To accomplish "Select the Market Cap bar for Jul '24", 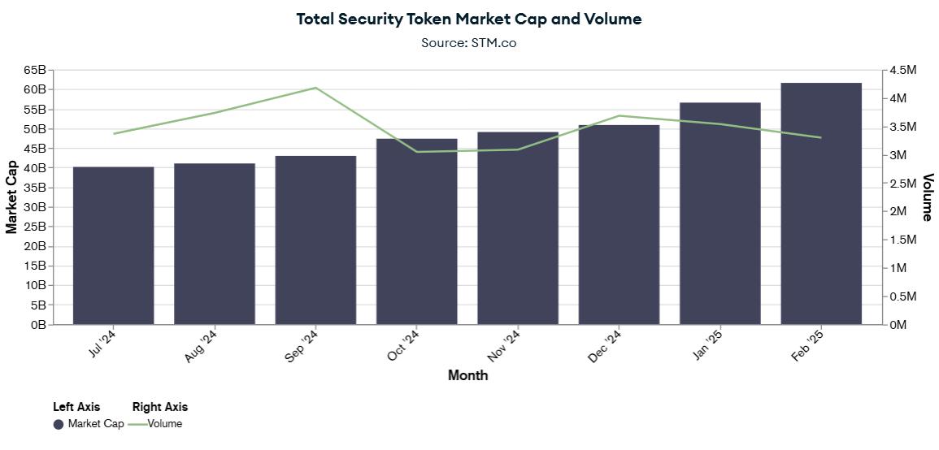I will point(113,245).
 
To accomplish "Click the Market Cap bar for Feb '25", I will point(821,204).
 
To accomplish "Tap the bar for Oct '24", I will point(417,231).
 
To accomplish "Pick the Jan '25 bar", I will point(720,214).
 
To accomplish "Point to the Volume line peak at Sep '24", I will point(315,88).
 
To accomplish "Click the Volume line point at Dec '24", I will point(619,115).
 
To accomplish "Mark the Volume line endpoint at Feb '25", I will point(821,137).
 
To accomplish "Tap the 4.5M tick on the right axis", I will point(903,71).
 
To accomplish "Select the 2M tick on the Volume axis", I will point(900,211).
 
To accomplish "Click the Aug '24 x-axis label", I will point(201,346).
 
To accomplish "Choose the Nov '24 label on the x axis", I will point(504,346).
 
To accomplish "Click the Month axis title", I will point(468,375).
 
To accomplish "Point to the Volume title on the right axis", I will point(927,197).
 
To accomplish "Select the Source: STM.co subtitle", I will point(468,42).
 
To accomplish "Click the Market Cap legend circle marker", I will point(59,424).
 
